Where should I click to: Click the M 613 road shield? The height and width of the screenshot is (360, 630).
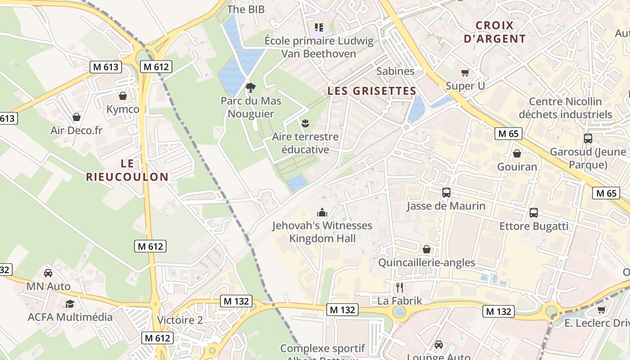[106, 67]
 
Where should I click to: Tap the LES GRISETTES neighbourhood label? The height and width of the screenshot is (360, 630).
[372, 91]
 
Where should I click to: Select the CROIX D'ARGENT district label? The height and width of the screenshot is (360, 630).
[495, 32]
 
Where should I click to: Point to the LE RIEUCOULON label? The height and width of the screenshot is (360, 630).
[127, 170]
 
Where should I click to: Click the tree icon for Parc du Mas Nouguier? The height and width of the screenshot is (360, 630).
[250, 87]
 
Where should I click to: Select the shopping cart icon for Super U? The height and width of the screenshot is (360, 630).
[465, 72]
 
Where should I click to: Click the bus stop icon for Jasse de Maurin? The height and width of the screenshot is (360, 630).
[446, 193]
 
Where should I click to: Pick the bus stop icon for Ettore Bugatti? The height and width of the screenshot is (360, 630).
[533, 212]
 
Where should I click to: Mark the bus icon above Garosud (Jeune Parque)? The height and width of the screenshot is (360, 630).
[588, 139]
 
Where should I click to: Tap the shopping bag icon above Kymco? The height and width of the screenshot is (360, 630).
[122, 96]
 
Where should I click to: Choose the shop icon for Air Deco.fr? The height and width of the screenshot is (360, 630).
[76, 117]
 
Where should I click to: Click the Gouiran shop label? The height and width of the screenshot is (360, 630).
[517, 166]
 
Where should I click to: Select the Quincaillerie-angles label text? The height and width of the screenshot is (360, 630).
[426, 262]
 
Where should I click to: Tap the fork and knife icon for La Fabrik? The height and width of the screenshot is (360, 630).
[399, 288]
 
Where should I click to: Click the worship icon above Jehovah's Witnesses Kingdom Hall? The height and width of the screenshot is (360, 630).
[322, 212]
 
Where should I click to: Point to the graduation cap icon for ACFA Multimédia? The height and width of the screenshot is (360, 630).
[70, 304]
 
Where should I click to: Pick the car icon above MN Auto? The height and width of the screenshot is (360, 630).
[48, 273]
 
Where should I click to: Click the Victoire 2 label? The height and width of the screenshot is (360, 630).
[180, 320]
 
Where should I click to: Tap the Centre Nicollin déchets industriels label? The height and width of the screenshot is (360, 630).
[565, 108]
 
